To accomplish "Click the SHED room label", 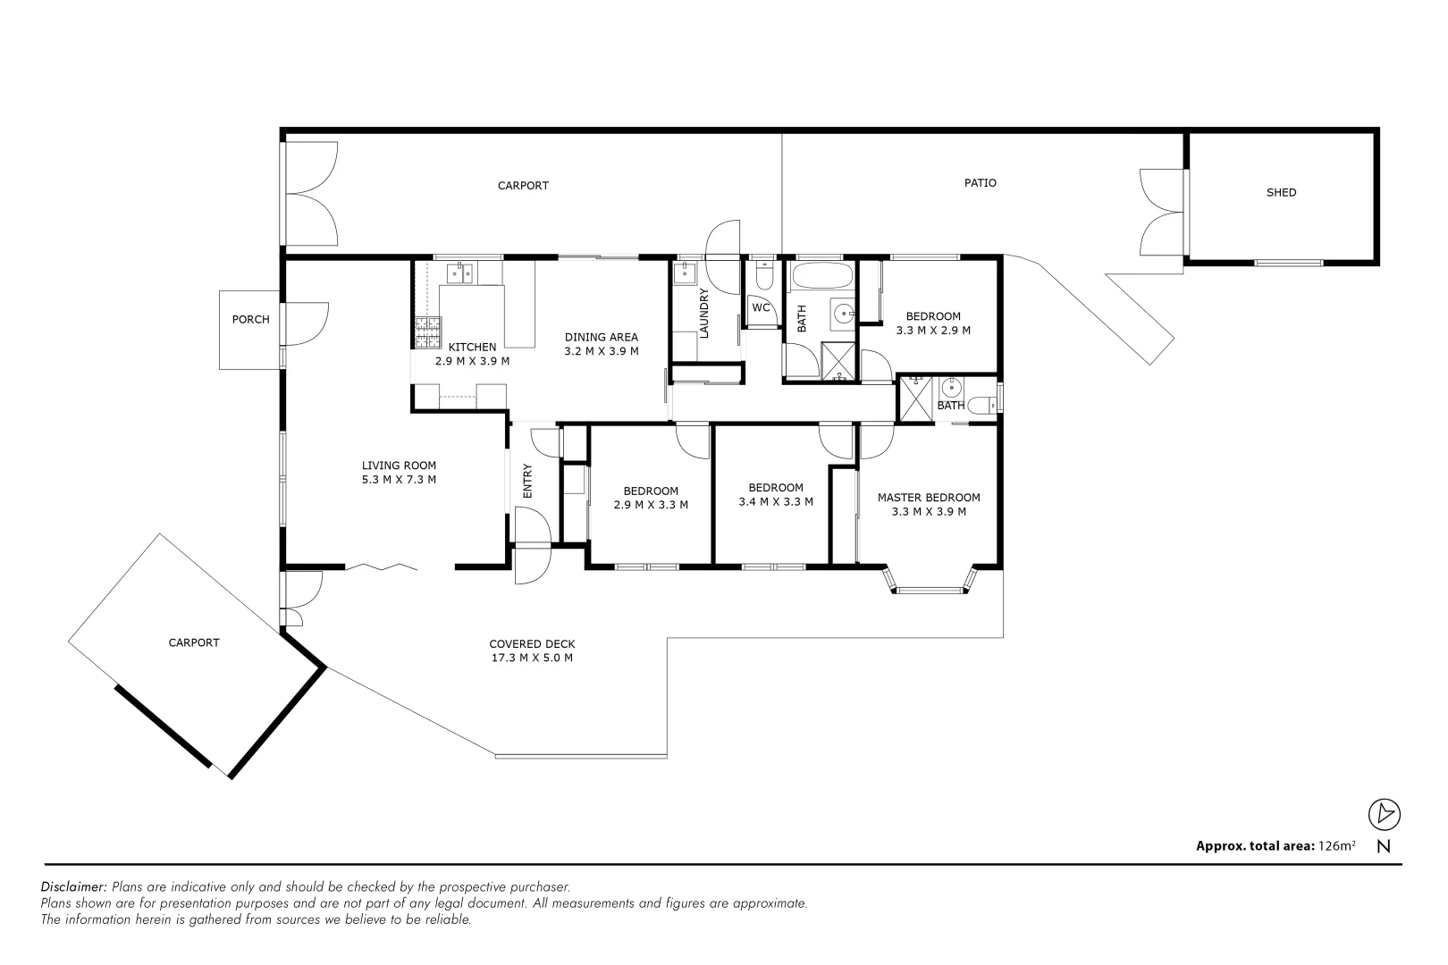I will click(1281, 192).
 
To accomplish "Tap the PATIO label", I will click(980, 182).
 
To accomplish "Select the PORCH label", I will click(250, 319).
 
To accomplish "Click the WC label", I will click(761, 307).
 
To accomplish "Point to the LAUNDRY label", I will click(704, 313).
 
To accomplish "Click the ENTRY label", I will click(527, 481).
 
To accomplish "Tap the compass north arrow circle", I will click(1384, 814).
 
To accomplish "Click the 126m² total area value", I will click(1336, 845).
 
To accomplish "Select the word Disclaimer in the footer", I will click(73, 887).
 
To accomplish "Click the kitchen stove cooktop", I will click(427, 332).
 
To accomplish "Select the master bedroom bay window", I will click(930, 588).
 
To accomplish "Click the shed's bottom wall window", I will click(1288, 262).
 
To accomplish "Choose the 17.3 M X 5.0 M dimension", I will click(532, 658).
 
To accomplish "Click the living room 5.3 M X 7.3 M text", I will click(399, 479).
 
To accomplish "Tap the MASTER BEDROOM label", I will click(928, 498).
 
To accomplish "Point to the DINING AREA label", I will click(601, 337).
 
